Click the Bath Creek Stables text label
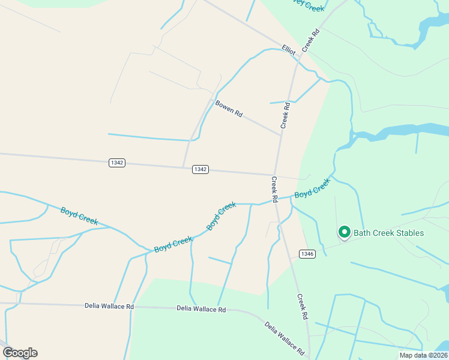[x=388, y=233]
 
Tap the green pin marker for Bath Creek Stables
[x=345, y=232]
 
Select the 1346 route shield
[x=307, y=254]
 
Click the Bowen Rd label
[x=229, y=109]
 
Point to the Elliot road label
[x=289, y=50]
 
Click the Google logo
[x=20, y=353]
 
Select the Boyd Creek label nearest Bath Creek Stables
[x=312, y=190]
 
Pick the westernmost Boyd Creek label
[x=79, y=216]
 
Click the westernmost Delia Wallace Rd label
[x=109, y=306]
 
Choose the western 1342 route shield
[x=118, y=163]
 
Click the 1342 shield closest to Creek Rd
[x=200, y=169]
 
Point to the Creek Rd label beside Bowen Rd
[x=286, y=116]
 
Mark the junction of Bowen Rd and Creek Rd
[x=281, y=135]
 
